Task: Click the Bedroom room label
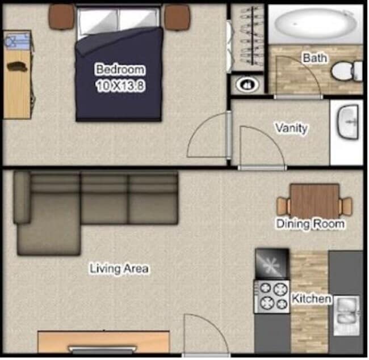click(120, 70)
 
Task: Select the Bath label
click(314, 58)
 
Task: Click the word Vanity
click(291, 128)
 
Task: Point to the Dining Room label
click(310, 224)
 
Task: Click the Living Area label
click(119, 268)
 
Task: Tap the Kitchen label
click(311, 298)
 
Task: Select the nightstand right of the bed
click(177, 16)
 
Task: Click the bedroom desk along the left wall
click(16, 74)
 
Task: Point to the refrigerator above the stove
click(272, 264)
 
